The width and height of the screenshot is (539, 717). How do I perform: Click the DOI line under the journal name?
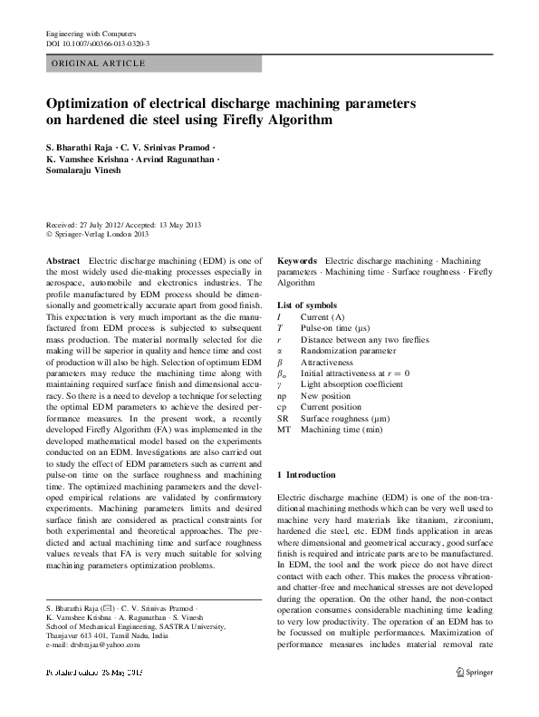coord(98,43)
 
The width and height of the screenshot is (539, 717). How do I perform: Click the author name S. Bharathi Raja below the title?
coord(82,146)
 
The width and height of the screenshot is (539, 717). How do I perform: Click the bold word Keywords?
coord(297,260)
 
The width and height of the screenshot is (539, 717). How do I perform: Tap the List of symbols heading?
coord(307,305)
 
